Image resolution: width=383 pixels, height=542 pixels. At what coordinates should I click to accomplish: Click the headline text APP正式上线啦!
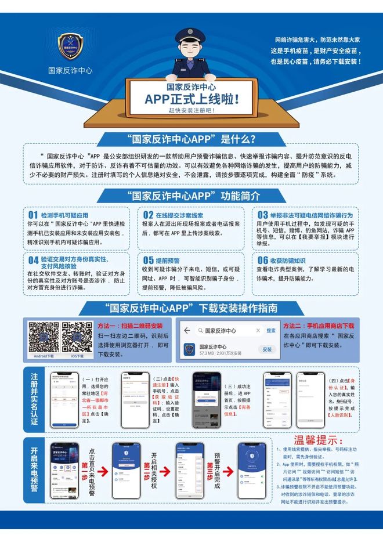[x=191, y=99]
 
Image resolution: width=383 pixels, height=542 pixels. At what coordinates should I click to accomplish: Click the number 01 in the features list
[x=33, y=215]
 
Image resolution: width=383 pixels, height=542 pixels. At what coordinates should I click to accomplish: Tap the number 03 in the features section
[x=263, y=215]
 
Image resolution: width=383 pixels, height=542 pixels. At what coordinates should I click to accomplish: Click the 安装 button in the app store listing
[x=267, y=349]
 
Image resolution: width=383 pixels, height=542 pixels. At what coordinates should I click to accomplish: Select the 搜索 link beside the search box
[x=270, y=330]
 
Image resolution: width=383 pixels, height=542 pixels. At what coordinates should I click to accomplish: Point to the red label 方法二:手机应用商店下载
[x=318, y=326]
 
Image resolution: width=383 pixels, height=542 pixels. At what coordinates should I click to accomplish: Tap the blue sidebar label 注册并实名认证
[x=35, y=399]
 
